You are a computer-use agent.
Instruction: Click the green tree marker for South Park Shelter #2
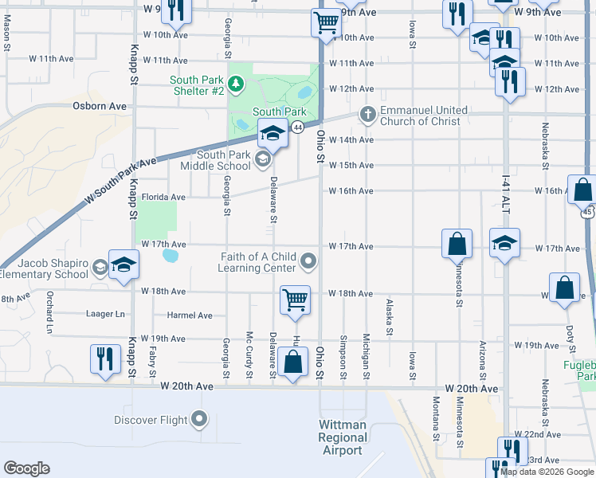tap(236, 84)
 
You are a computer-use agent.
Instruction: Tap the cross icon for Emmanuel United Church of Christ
tap(367, 115)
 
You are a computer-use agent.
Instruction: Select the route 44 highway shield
tap(297, 127)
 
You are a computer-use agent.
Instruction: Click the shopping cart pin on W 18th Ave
tap(295, 300)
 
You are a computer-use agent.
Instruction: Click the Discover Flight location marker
tap(199, 419)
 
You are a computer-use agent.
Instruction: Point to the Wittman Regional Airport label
tap(343, 437)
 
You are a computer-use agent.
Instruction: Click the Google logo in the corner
tap(26, 468)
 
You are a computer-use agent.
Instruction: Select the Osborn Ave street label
tap(100, 105)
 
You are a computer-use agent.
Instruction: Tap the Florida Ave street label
tap(163, 197)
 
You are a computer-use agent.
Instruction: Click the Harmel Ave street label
tap(190, 315)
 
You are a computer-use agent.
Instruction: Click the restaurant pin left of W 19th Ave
tap(104, 358)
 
